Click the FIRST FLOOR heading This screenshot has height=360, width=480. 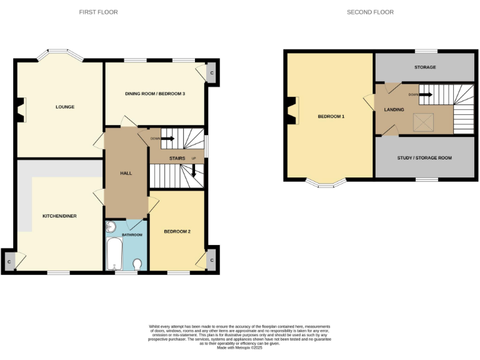coord(98,12)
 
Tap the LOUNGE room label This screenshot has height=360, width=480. coord(65,107)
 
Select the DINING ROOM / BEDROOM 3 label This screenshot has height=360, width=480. coord(155,94)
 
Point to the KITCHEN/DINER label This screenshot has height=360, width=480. coord(59,216)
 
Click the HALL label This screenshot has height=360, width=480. coord(126,173)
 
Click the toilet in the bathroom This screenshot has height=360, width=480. coord(137,264)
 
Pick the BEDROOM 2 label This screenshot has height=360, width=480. coord(177,231)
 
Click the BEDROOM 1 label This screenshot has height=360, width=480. coord(331,117)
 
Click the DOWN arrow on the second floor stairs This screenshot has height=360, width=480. coord(424,95)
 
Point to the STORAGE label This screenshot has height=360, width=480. coord(425,67)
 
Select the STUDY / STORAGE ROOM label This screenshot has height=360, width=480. coord(424,158)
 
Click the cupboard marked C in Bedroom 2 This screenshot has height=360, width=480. coord(211,260)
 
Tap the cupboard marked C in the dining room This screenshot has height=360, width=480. coord(211,73)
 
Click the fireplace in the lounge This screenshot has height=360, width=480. coord(22,110)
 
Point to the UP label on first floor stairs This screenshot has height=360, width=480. coord(194,158)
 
